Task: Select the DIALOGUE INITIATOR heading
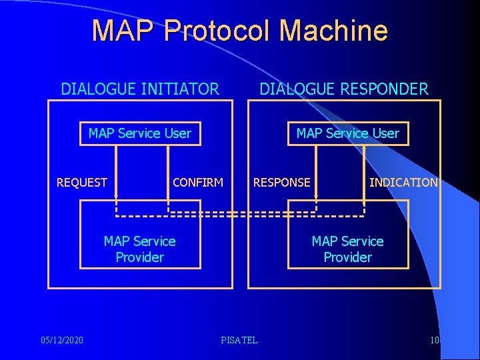pyautogui.click(x=140, y=89)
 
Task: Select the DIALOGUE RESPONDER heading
pyautogui.click(x=344, y=89)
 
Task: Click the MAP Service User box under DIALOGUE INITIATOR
pyautogui.click(x=140, y=133)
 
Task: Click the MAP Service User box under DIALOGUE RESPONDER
pyautogui.click(x=347, y=133)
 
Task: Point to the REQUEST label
pyautogui.click(x=82, y=182)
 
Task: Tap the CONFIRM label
pyautogui.click(x=198, y=182)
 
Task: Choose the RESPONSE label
pyautogui.click(x=281, y=182)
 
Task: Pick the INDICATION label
pyautogui.click(x=403, y=182)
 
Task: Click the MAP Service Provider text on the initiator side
pyautogui.click(x=140, y=249)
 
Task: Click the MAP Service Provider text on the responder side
pyautogui.click(x=347, y=249)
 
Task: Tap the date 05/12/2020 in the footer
pyautogui.click(x=62, y=341)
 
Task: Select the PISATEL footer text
pyautogui.click(x=239, y=341)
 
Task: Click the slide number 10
pyautogui.click(x=435, y=341)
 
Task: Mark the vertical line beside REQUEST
pyautogui.click(x=116, y=170)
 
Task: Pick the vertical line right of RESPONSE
pyautogui.click(x=316, y=170)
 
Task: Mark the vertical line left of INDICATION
pyautogui.click(x=364, y=170)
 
